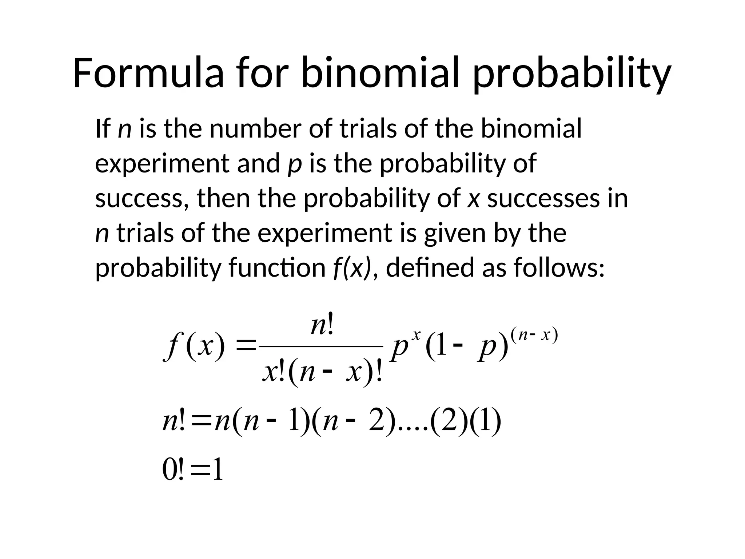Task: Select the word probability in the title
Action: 571,75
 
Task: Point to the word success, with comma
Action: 142,199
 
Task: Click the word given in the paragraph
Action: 454,234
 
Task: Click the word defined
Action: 429,267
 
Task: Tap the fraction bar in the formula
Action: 322,347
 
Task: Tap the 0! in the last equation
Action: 173,470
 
